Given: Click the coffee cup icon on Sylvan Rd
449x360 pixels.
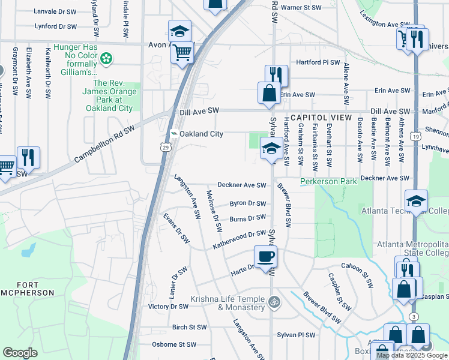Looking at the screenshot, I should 265,257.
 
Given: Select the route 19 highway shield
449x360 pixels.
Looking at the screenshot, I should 415,137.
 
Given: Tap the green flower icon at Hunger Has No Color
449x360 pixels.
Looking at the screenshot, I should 106,58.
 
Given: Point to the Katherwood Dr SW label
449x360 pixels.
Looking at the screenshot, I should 239,240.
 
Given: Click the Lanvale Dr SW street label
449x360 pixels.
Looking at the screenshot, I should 56,11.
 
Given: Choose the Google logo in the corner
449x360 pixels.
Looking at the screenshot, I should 20,353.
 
